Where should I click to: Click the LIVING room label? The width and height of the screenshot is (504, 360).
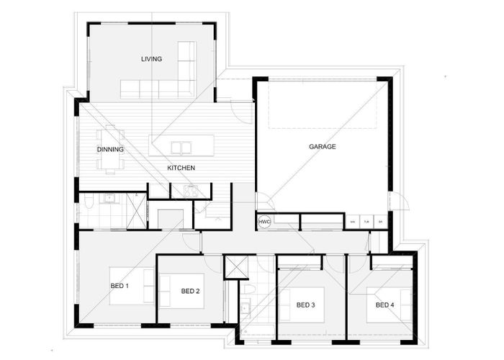pos(151,59)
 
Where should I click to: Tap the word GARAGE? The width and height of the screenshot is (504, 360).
pos(323,147)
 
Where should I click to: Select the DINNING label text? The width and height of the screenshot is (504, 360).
pos(110,150)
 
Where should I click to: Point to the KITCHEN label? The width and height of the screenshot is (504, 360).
pos(181,168)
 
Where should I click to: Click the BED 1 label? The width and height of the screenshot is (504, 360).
pos(119,287)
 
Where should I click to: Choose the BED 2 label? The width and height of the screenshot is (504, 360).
pos(190,292)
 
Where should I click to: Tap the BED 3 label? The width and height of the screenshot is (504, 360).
pos(306,305)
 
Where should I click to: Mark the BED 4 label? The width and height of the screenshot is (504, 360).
pos(384,305)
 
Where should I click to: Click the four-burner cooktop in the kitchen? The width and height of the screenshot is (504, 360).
pos(192,191)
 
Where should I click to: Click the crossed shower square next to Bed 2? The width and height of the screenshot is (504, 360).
pos(235,266)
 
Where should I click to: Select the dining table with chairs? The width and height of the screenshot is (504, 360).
pos(110,150)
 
